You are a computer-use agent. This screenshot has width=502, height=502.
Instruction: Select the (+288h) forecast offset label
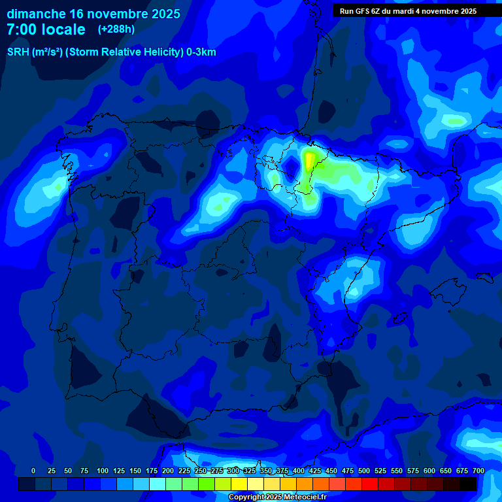pos(116,29)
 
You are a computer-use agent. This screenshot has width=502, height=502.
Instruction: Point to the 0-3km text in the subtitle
pos(201,52)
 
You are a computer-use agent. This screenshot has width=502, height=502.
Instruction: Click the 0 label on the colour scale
pos(33,471)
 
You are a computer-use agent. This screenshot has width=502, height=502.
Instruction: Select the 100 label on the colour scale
pos(103,471)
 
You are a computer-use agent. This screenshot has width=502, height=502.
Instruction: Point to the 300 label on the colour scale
pos(233,471)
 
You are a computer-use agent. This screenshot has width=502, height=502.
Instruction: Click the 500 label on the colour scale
pos(364,471)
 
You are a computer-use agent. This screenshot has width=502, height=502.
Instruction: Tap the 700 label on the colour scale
pos(478,471)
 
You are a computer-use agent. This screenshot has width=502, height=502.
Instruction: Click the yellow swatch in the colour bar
pos(239,484)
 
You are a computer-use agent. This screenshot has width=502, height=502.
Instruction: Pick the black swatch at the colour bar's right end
pos(468,484)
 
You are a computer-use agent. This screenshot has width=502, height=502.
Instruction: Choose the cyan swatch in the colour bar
pos(158,484)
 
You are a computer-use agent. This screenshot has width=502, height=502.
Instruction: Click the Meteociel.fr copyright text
pos(276,497)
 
